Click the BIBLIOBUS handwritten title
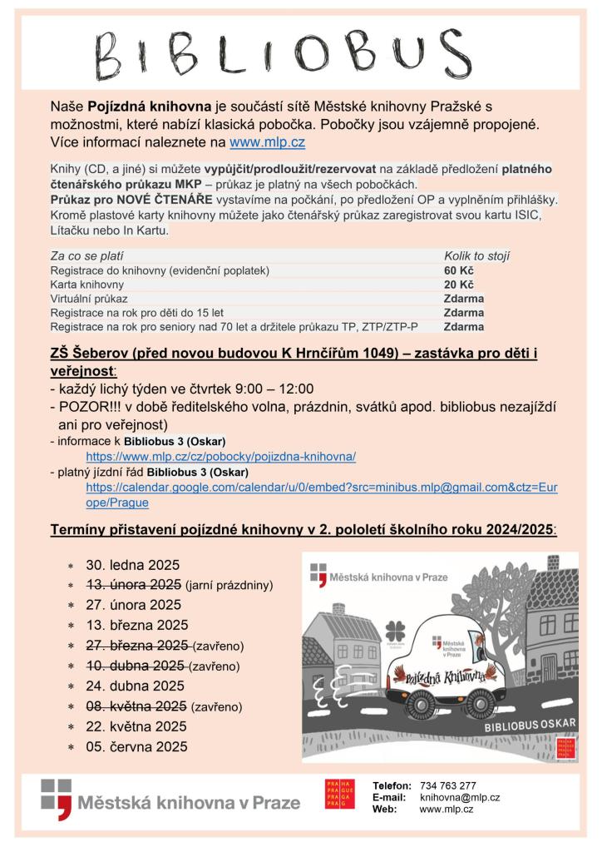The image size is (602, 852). (x=300, y=54)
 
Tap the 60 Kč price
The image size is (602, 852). (x=458, y=270)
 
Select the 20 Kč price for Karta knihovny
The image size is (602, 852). (x=458, y=285)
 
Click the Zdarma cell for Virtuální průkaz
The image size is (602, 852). (x=464, y=298)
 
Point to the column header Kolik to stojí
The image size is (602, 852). (x=477, y=256)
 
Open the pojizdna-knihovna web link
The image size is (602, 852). (x=220, y=457)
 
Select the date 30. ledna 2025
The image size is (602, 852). (x=133, y=565)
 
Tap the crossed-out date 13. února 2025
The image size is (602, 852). (x=134, y=584)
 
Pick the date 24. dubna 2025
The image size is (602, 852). (x=135, y=686)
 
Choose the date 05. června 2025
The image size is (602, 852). (x=136, y=746)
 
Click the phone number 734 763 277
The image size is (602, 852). (x=447, y=785)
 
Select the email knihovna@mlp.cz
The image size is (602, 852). (x=459, y=797)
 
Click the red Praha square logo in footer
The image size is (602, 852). (x=338, y=794)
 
